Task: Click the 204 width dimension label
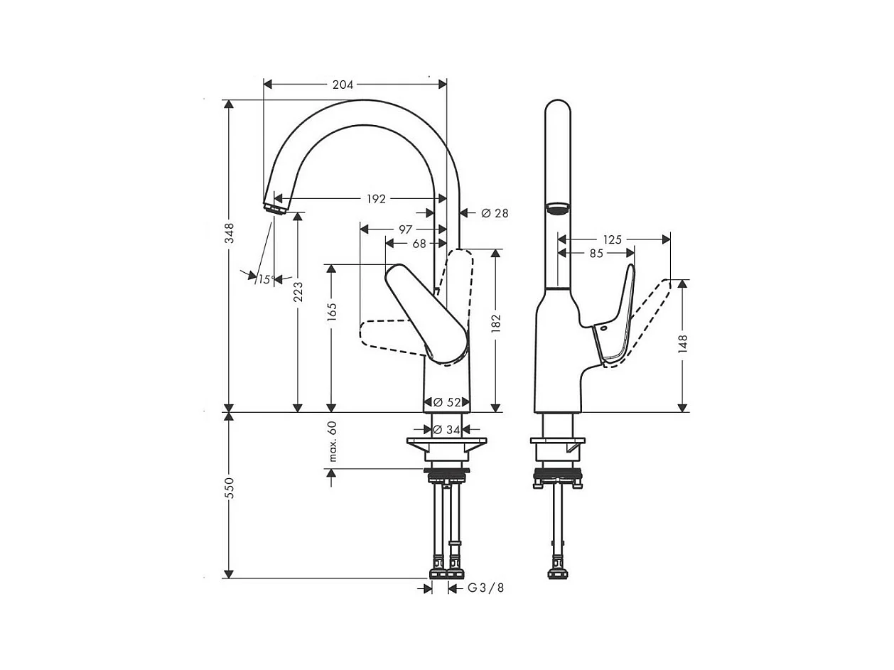pos(343,85)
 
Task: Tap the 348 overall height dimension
pos(230,233)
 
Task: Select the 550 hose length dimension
pos(230,488)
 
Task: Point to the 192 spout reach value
pos(376,199)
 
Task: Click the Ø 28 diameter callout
pos(495,213)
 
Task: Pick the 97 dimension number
pos(405,230)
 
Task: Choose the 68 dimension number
pos(419,244)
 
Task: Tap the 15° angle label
pos(266,280)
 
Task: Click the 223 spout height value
pos(298,292)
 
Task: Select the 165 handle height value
pos(332,312)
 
